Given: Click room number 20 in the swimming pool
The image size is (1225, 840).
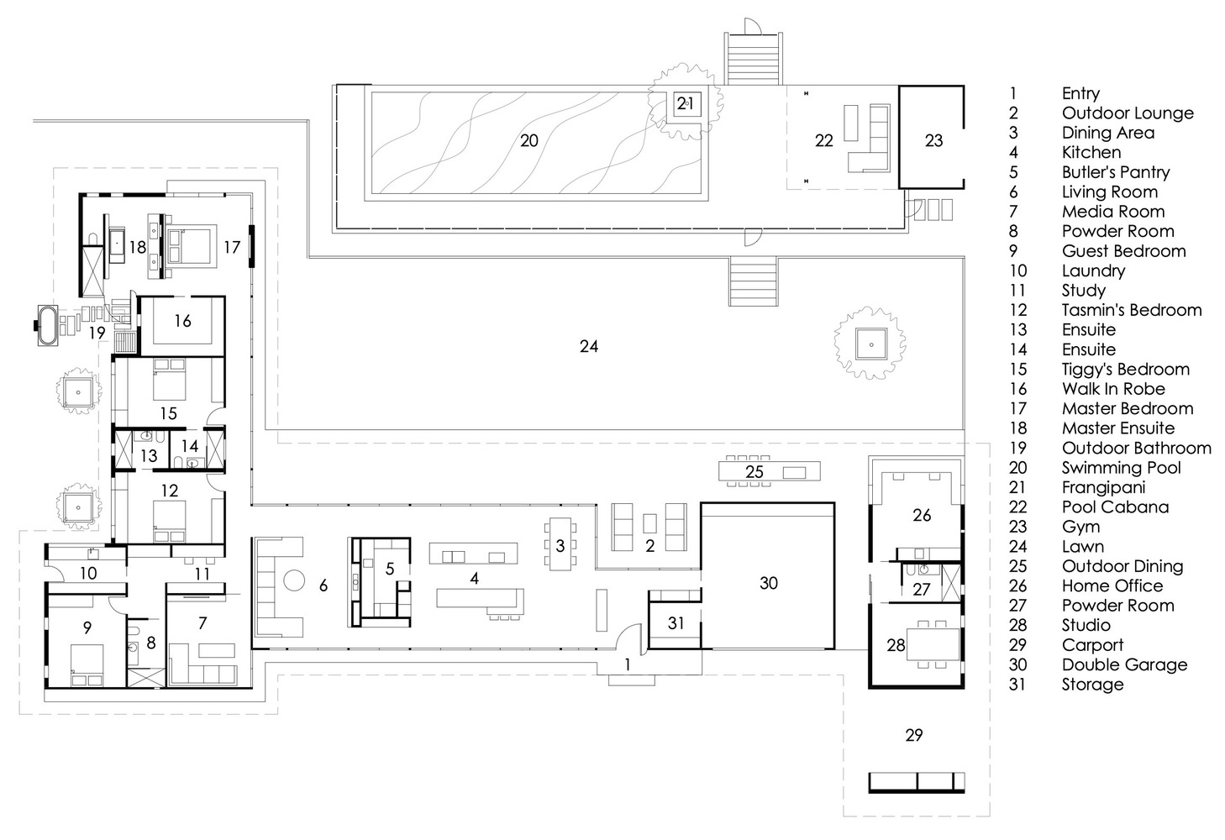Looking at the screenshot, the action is point(528,140).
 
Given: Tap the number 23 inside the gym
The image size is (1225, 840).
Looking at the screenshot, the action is point(934,140).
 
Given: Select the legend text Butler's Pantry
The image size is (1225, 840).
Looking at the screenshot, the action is point(1115,172).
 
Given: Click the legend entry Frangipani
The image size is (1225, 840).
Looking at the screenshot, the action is point(1103,487).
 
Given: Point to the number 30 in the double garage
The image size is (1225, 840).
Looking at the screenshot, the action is point(768,583).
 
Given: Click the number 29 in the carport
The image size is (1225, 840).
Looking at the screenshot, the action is point(914,735).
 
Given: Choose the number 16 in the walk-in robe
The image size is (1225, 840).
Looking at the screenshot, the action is point(183,320).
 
